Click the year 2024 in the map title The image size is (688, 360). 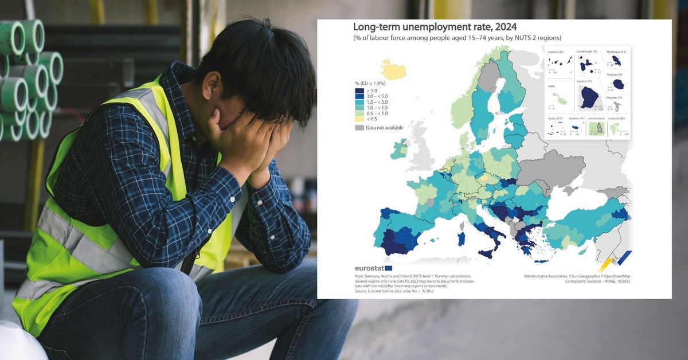(x=501, y=27)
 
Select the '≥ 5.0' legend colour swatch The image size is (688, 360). (x=359, y=90)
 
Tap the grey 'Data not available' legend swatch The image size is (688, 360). (x=359, y=127)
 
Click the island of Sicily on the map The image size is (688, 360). (x=488, y=253)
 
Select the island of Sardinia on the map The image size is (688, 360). (x=461, y=238)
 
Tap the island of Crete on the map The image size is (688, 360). (x=541, y=261)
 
